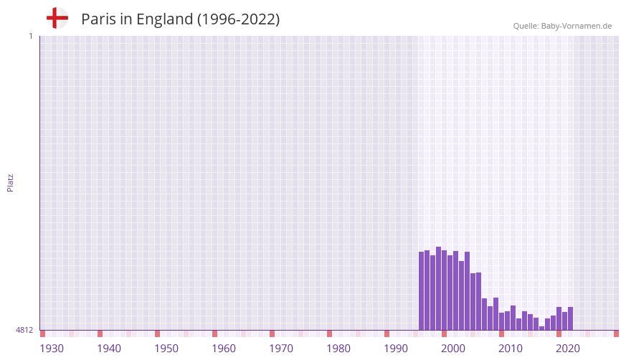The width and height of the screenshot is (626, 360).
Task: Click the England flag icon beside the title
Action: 57,19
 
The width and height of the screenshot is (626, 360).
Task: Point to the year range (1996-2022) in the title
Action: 238,19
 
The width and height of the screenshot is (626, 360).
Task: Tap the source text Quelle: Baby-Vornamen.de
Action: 562,26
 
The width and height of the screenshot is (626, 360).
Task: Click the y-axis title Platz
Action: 10,182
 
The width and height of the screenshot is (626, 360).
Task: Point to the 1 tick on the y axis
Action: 30,36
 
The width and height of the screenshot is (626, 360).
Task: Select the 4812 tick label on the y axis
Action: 24,330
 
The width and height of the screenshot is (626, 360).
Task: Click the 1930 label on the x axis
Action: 52,349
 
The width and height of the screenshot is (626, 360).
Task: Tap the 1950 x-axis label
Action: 166,349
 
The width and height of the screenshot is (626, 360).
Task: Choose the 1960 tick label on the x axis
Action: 224,349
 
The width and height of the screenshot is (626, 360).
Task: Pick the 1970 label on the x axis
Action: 281,349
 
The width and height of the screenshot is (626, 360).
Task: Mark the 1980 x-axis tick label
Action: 338,349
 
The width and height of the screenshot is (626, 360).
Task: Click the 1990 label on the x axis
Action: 396,349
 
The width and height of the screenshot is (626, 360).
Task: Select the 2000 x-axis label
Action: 453,349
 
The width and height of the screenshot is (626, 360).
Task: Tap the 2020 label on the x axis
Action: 568,349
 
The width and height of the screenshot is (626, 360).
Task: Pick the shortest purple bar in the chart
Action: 541,328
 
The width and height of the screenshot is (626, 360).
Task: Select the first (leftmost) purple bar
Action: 421,290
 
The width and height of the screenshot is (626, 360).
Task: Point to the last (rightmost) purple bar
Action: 570,318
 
